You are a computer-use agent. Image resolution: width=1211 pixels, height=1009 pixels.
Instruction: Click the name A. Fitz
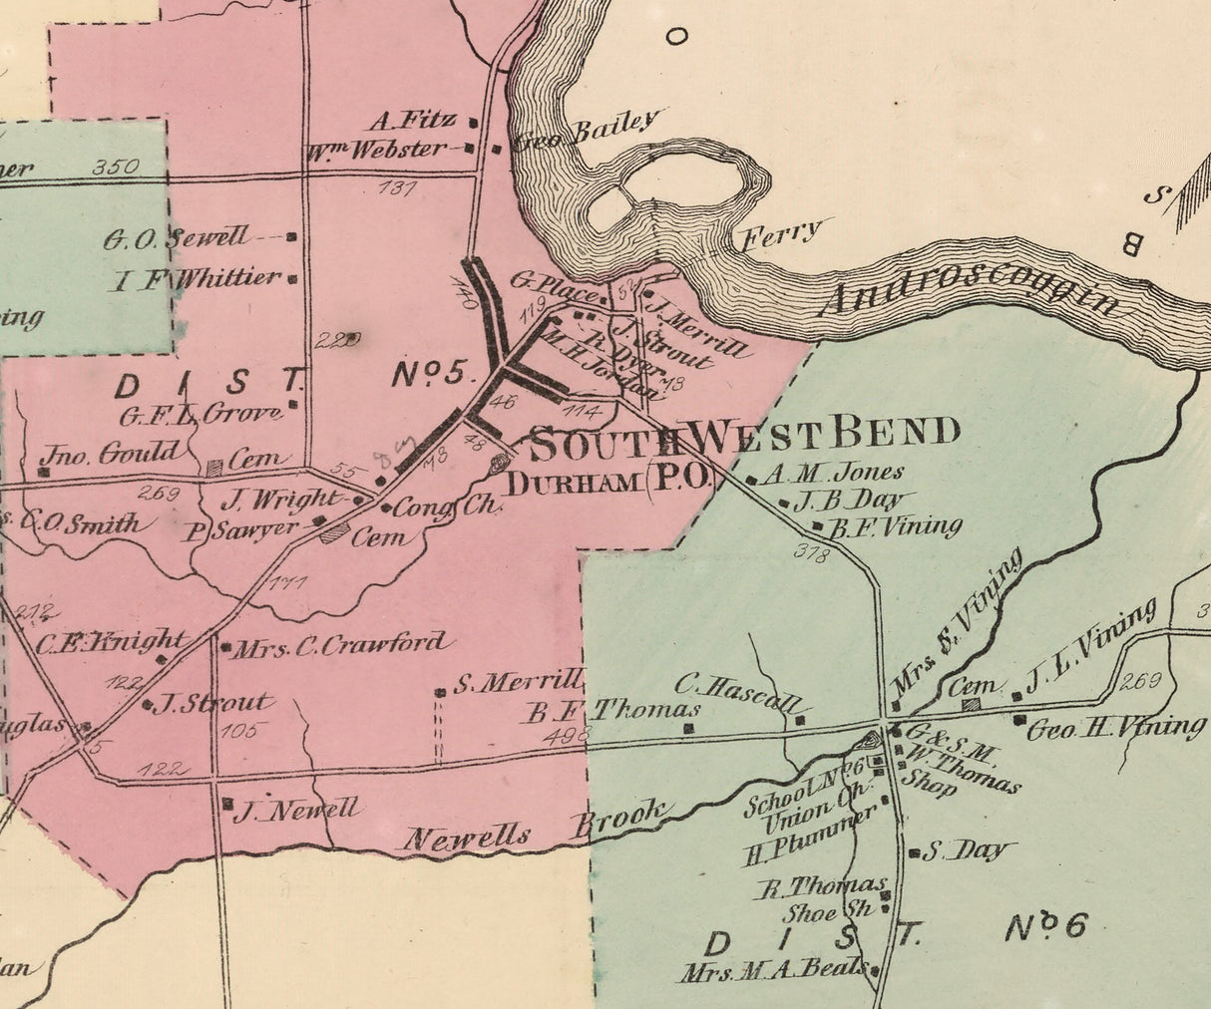coord(412,122)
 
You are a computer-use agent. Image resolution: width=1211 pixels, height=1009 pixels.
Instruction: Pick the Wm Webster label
coord(375,151)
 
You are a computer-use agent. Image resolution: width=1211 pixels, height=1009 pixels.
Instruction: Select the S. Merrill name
coord(517,683)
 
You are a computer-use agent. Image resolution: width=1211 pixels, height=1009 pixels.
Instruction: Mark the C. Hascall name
coord(737,686)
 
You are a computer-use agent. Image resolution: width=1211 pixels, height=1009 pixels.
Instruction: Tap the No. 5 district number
coord(429,374)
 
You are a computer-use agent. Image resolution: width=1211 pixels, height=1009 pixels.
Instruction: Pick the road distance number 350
coord(116,167)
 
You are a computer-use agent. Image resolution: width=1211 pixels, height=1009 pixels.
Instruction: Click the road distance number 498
coord(570,735)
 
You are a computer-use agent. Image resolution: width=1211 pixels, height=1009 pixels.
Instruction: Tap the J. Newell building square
coord(227,803)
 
